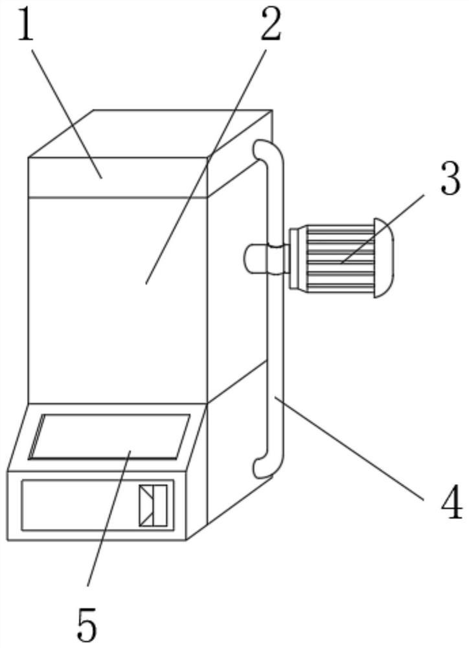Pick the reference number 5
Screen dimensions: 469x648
(x=87, y=624)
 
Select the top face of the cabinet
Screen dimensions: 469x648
(x=149, y=133)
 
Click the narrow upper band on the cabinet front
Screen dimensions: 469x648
(x=117, y=176)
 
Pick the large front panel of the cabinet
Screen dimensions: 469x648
(x=117, y=298)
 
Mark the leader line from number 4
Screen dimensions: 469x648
(x=350, y=447)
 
